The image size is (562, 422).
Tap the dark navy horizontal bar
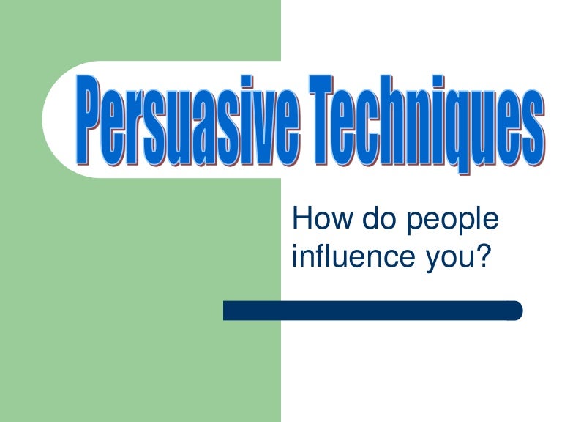tap(372, 311)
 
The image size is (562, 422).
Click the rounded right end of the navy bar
tap(516, 311)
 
